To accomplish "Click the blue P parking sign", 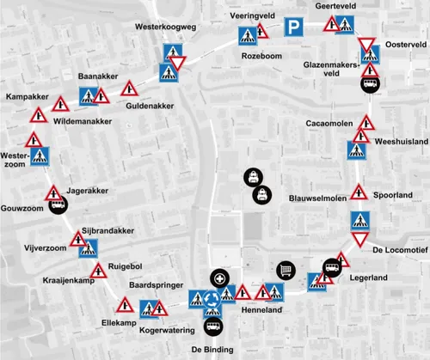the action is [x=295, y=28].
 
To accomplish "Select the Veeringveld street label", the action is [x=252, y=15].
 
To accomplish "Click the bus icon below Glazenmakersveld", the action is [x=371, y=85].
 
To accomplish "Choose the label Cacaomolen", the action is [x=327, y=124].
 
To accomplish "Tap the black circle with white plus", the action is [x=221, y=279].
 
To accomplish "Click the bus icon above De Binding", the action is [x=212, y=326].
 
